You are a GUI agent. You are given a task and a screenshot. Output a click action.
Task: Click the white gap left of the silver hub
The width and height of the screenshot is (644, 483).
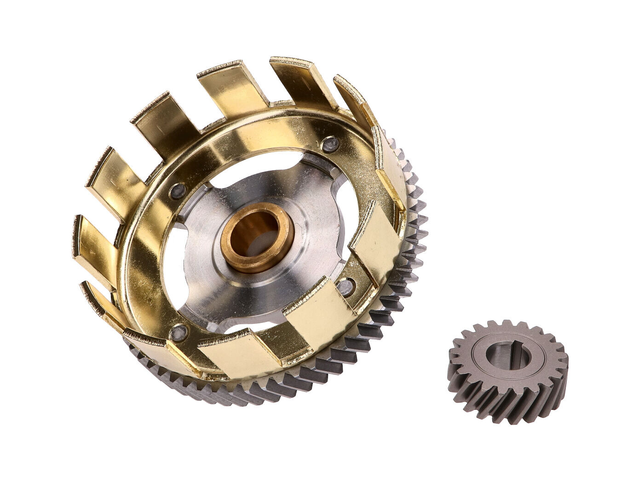coord(172,258)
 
